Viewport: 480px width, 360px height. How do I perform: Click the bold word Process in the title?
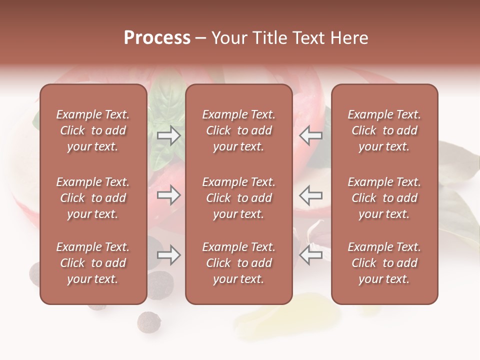tap(157, 38)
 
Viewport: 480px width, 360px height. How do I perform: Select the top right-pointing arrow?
tap(169, 135)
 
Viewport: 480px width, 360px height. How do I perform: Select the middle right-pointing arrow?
tap(169, 195)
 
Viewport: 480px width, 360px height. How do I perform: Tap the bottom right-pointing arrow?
tap(169, 255)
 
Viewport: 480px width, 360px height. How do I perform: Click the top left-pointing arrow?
tap(311, 135)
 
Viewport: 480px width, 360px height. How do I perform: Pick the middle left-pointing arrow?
tap(311, 195)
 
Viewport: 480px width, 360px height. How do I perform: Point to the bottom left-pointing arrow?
tap(311, 255)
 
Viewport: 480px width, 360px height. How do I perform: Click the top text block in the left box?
tap(93, 130)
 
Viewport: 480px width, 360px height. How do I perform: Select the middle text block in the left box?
tap(93, 198)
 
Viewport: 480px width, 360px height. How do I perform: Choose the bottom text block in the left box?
tap(93, 263)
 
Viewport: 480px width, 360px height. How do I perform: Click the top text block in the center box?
tap(238, 130)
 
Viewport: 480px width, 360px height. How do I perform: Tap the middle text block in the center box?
tap(238, 198)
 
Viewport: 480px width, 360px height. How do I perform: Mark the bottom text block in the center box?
tap(238, 263)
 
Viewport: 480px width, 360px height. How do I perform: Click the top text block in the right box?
tap(384, 130)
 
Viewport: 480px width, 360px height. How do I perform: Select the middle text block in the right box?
tap(384, 198)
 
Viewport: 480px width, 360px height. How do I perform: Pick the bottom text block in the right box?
tap(384, 263)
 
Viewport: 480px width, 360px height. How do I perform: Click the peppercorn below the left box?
tap(148, 321)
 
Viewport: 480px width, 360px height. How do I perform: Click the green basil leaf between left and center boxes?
tap(162, 102)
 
